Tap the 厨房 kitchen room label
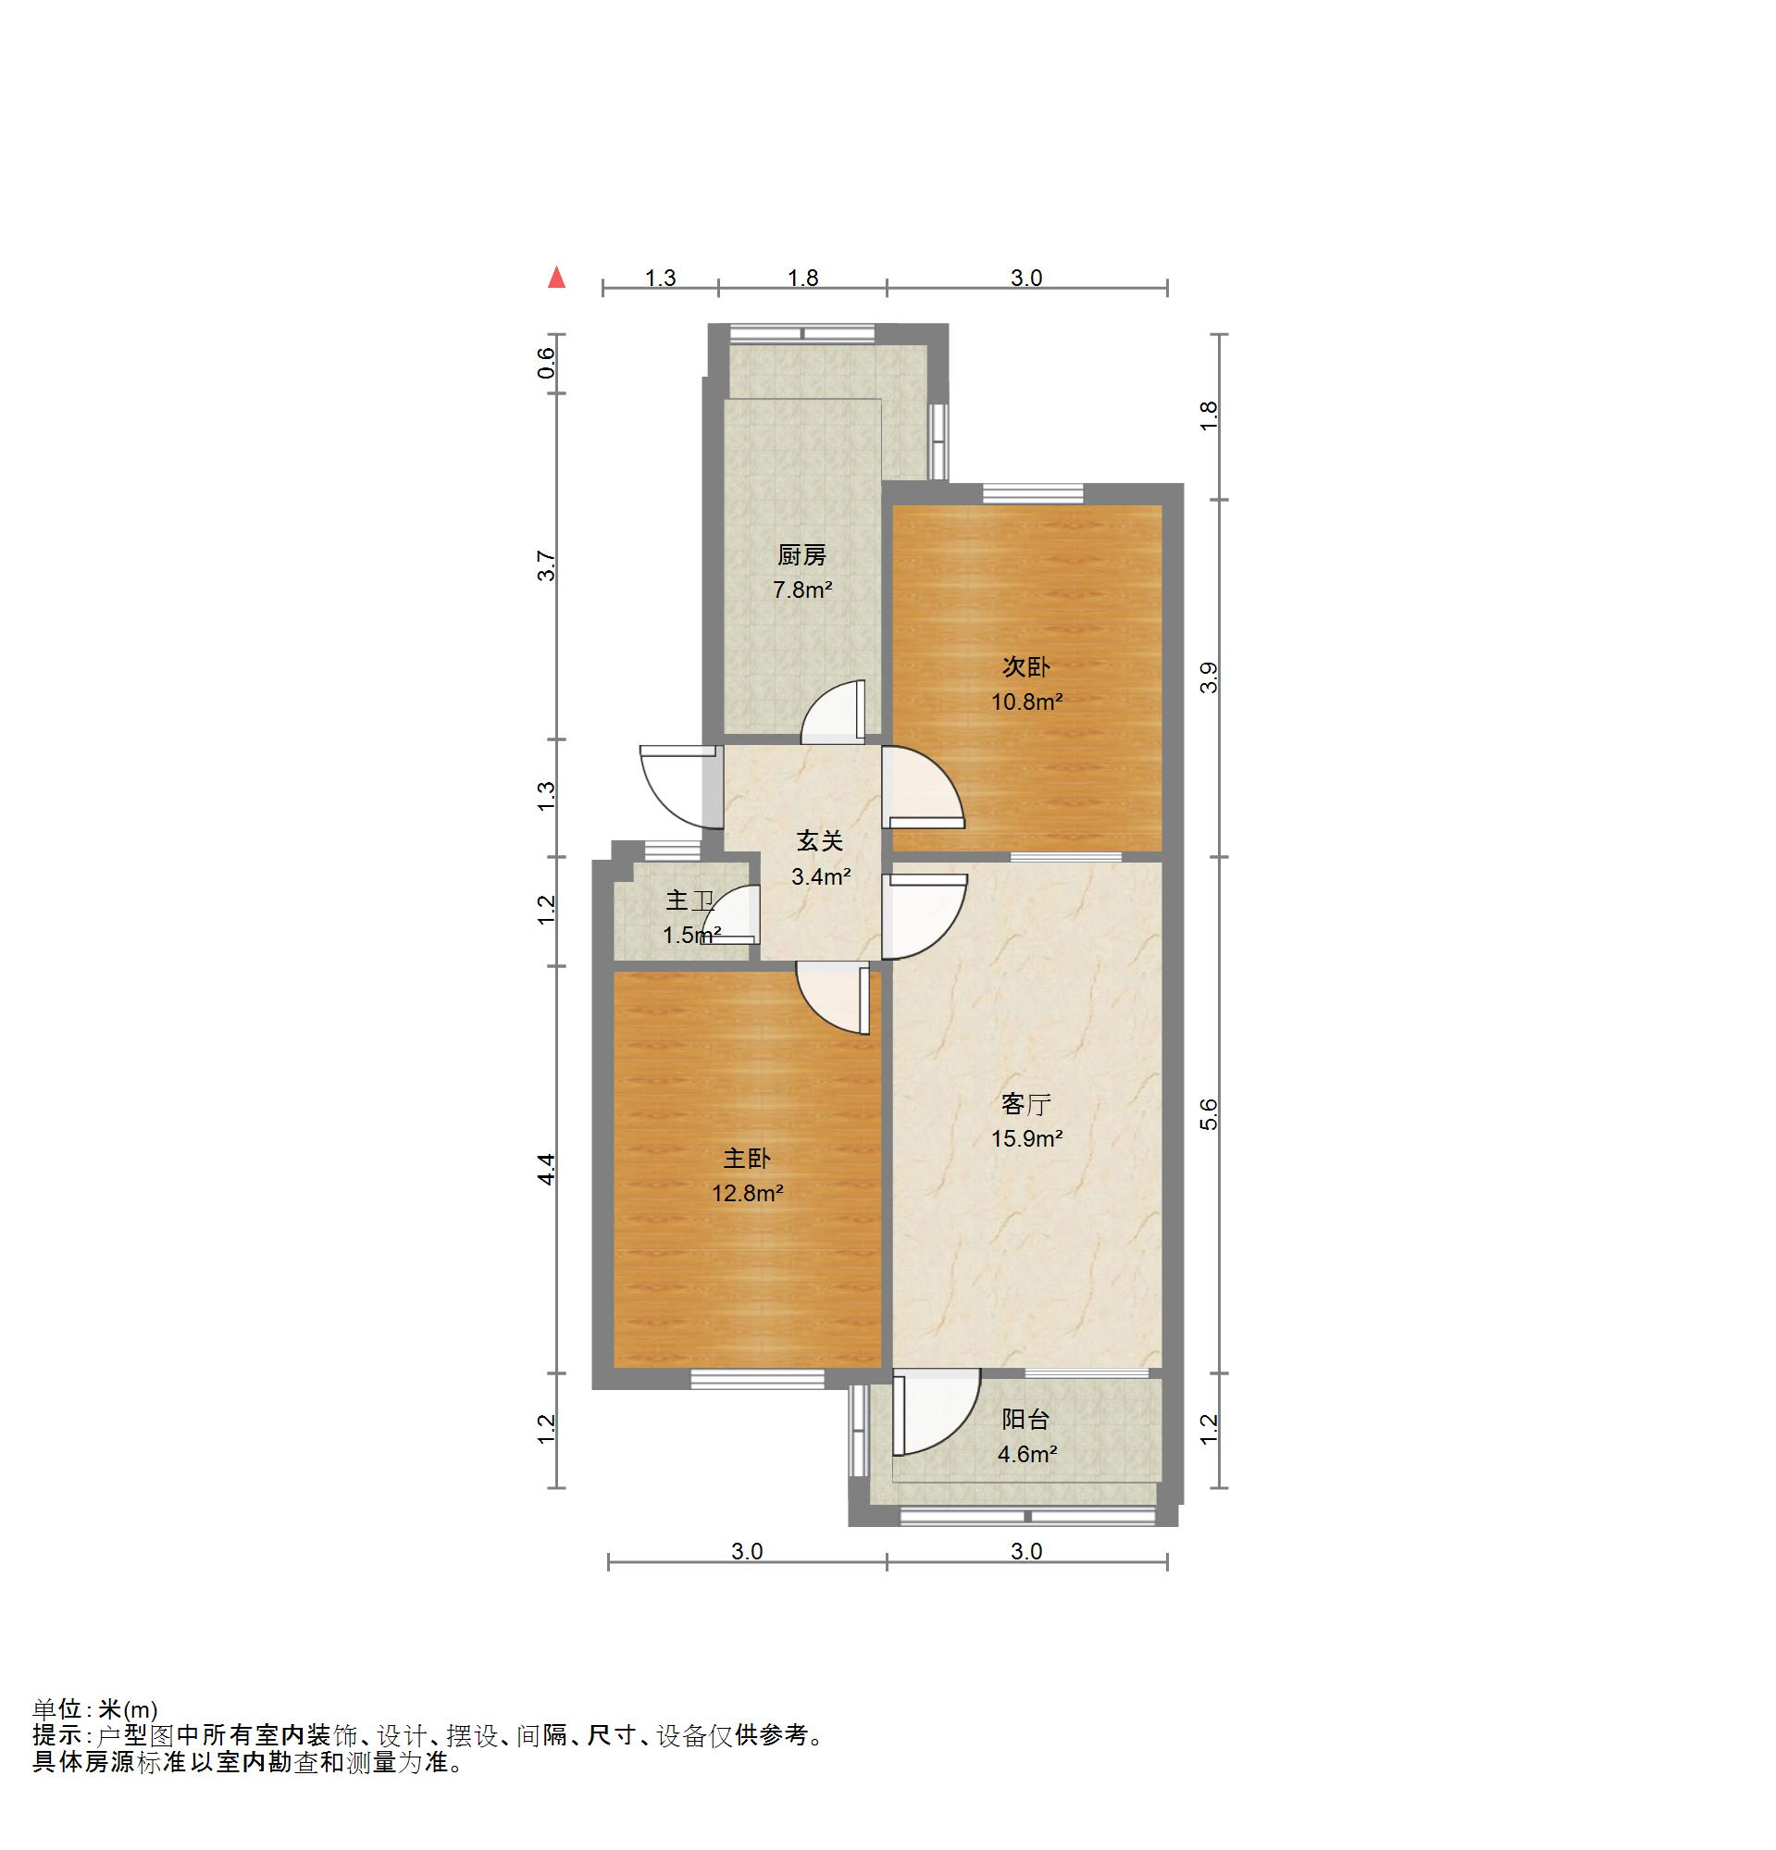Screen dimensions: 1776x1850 pyautogui.click(x=802, y=555)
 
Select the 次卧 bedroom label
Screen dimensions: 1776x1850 pyautogui.click(x=1025, y=666)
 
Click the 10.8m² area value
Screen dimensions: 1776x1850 pyautogui.click(x=1026, y=702)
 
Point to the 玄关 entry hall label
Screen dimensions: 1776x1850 pyautogui.click(x=820, y=840)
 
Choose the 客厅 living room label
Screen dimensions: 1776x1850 pyautogui.click(x=1025, y=1103)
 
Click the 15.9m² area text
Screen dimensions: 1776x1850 pyautogui.click(x=1026, y=1138)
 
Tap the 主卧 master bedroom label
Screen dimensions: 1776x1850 pyautogui.click(x=748, y=1158)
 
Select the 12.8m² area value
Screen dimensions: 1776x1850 pyautogui.click(x=748, y=1193)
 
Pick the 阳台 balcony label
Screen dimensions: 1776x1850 pyautogui.click(x=1025, y=1419)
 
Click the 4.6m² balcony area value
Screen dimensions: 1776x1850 pyautogui.click(x=1026, y=1454)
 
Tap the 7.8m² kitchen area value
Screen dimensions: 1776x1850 pyautogui.click(x=802, y=590)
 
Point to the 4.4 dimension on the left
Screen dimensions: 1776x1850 pyautogui.click(x=546, y=1170)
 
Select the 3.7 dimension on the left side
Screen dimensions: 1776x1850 pyautogui.click(x=546, y=565)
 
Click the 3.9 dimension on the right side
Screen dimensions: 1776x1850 pyautogui.click(x=1209, y=677)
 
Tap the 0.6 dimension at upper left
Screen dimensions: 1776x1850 pyautogui.click(x=546, y=363)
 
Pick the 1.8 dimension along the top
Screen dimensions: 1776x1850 pyautogui.click(x=803, y=278)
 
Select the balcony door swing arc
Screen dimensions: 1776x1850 pyautogui.click(x=953, y=1428)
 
